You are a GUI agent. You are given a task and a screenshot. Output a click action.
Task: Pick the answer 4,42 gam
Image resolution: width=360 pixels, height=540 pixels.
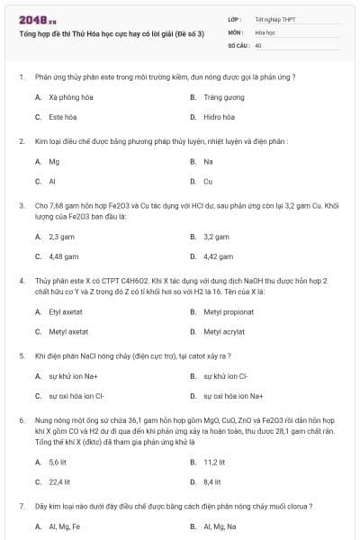[x=218, y=256]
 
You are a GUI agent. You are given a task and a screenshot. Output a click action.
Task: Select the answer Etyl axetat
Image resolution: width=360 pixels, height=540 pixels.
[x=66, y=311]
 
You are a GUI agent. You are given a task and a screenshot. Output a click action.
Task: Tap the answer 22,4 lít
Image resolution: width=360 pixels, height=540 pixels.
[x=60, y=481]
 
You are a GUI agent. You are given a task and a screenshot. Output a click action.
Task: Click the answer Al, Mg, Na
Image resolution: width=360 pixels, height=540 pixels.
[x=221, y=526]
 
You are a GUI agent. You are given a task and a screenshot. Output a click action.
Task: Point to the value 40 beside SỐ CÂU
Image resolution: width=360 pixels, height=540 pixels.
[x=258, y=44]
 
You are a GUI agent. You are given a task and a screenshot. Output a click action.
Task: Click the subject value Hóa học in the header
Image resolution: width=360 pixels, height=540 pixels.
[x=264, y=31]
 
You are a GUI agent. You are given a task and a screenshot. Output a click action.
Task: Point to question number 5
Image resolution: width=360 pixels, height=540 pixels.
[x=21, y=355]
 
